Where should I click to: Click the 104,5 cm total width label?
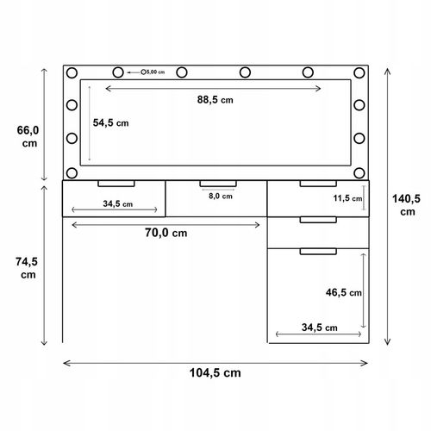(x=215, y=373)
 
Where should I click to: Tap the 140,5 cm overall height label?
(x=407, y=205)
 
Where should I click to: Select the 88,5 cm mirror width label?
(x=215, y=100)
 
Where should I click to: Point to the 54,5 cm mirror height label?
(x=110, y=123)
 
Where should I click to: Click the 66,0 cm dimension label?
(x=28, y=136)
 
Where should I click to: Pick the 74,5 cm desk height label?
(x=27, y=268)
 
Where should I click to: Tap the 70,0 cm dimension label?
(x=166, y=233)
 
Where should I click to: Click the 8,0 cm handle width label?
(x=221, y=197)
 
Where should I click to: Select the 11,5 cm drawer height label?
(x=347, y=198)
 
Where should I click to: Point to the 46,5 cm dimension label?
(x=344, y=292)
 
